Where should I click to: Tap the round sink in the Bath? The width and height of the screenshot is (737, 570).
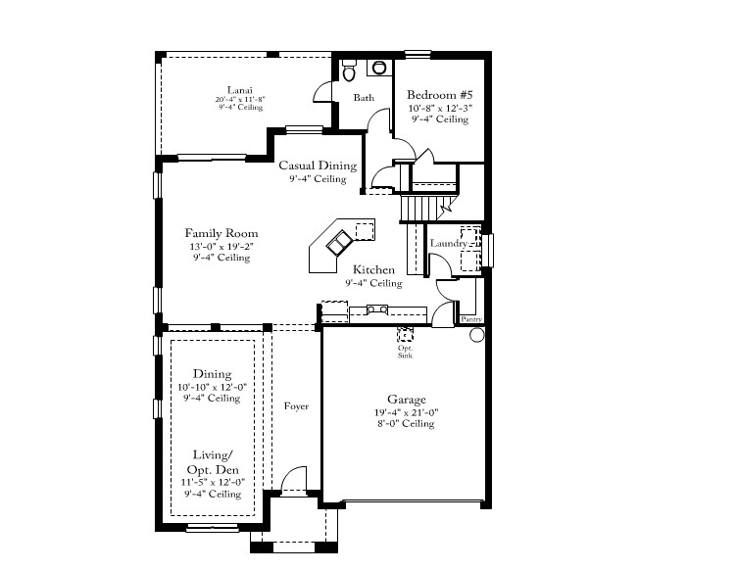[378, 68]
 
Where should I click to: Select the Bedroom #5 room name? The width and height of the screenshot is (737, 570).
[439, 96]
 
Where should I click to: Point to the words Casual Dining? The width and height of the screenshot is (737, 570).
[317, 166]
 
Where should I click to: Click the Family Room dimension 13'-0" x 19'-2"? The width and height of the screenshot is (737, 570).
[221, 246]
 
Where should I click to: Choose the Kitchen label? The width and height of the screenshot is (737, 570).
[373, 269]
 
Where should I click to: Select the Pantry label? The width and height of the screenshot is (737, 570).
[470, 318]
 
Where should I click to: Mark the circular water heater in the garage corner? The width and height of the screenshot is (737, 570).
[477, 335]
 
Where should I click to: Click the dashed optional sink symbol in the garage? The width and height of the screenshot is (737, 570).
[405, 332]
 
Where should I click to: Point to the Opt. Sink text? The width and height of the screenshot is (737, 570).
[405, 352]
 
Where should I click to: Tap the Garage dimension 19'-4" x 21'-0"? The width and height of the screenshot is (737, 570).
[406, 412]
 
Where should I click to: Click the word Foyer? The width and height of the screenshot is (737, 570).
[296, 405]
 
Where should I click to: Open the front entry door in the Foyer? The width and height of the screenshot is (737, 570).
[294, 481]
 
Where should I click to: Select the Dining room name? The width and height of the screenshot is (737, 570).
[212, 374]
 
